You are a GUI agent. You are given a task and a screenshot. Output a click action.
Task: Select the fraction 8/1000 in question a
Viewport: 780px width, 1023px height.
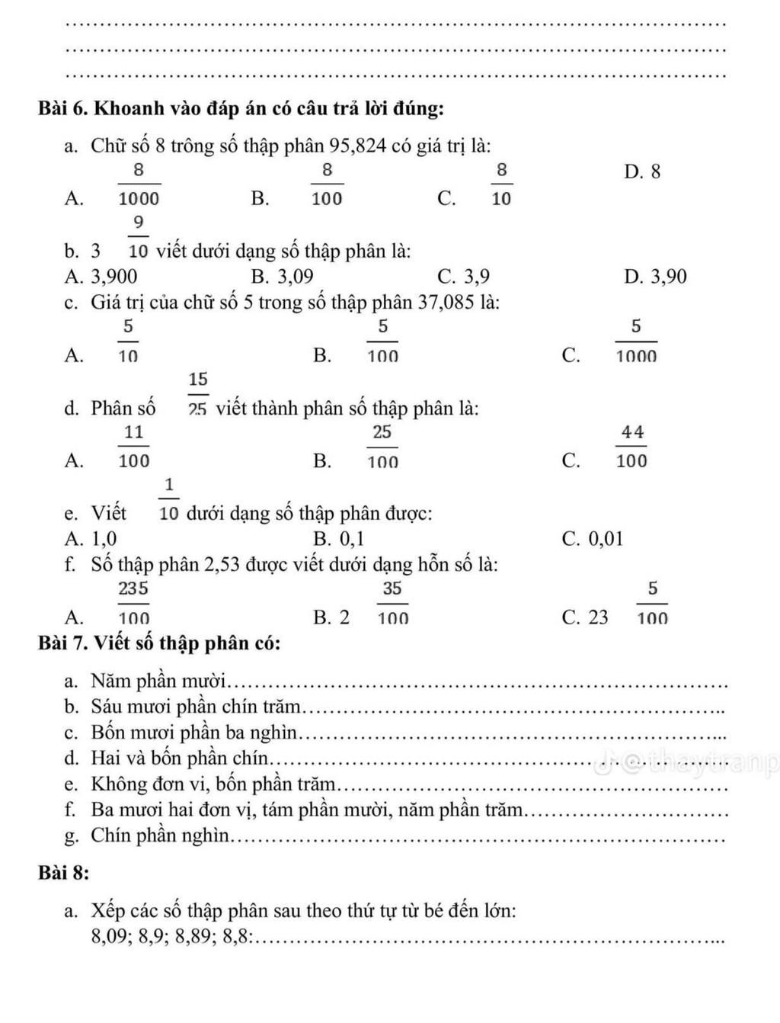click(139, 184)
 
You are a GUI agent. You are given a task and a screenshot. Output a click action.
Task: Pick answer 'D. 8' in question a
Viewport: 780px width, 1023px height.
click(642, 172)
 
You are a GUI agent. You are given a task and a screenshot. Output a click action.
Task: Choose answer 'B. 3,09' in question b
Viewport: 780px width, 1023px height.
click(282, 276)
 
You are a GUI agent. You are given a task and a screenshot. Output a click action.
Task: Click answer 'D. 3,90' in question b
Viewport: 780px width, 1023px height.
click(654, 276)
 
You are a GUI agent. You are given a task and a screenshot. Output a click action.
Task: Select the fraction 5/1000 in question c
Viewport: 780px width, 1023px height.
click(636, 341)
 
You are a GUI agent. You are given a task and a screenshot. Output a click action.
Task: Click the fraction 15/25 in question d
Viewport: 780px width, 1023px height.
click(198, 393)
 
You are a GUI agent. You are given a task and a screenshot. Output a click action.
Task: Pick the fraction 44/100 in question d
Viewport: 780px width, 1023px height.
click(632, 446)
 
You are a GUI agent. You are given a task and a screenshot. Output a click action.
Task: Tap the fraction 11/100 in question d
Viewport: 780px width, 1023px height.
click(134, 446)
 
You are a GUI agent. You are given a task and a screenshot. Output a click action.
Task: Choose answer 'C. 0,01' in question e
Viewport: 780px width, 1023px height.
click(593, 539)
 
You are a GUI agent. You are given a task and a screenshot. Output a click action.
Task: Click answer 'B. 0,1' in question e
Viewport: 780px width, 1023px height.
click(339, 539)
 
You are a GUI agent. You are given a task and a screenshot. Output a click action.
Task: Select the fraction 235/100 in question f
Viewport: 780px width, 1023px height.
click(133, 602)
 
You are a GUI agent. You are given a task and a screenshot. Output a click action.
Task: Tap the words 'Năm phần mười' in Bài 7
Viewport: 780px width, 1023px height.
click(159, 680)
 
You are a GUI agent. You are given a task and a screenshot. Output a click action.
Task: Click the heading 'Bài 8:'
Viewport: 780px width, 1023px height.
click(64, 874)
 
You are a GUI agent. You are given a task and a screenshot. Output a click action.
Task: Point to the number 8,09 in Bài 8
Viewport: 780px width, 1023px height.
click(107, 936)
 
